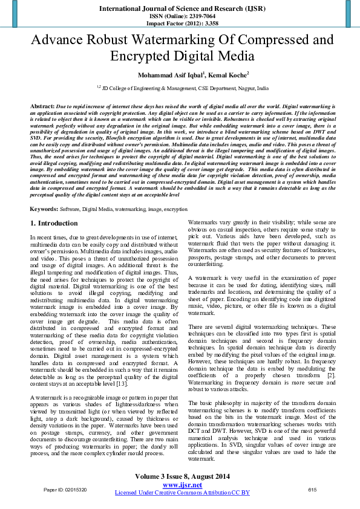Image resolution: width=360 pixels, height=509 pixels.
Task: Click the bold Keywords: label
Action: [x=44, y=209]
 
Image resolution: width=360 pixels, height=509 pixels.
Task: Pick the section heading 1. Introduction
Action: [x=54, y=224]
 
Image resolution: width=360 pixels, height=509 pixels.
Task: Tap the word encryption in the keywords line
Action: [x=176, y=209]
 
